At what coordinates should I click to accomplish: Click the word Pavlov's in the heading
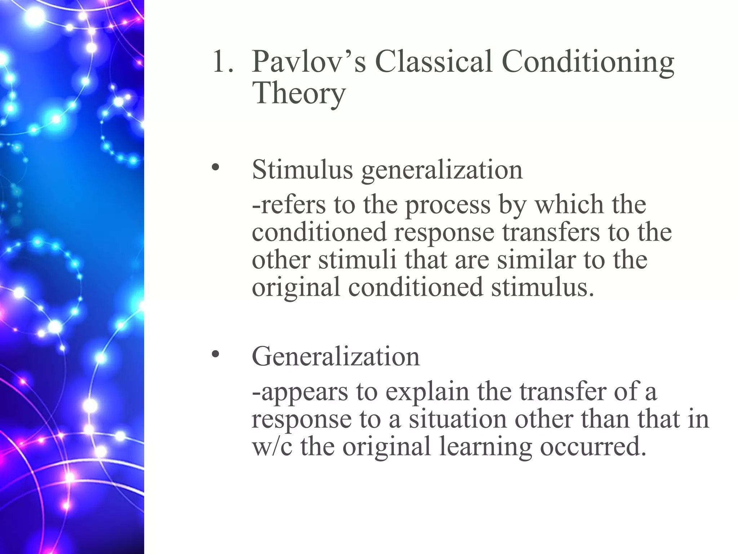[x=309, y=62]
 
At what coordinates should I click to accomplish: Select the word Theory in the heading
[x=299, y=93]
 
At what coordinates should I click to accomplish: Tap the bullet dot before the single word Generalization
[x=215, y=354]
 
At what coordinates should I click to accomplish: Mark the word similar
[x=536, y=259]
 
